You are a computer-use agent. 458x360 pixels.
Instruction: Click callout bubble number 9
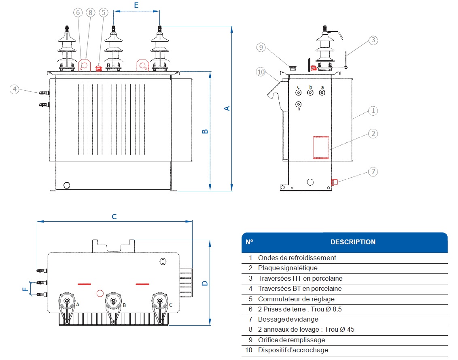click(261, 47)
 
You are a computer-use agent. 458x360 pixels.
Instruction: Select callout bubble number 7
click(373, 172)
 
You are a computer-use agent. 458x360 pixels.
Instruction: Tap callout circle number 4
click(15, 89)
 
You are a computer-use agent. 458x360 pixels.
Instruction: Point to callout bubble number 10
click(261, 72)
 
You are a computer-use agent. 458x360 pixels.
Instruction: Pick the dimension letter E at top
click(136, 5)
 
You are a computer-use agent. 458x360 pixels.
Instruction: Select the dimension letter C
click(114, 217)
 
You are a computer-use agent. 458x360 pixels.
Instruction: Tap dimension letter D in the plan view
click(205, 282)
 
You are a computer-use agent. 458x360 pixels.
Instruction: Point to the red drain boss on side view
click(334, 182)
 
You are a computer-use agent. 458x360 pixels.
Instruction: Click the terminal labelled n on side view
click(299, 104)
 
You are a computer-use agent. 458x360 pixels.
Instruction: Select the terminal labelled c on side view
click(299, 93)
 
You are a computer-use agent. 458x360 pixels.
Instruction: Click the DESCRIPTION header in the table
click(353, 242)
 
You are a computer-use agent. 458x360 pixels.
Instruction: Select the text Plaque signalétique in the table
click(288, 268)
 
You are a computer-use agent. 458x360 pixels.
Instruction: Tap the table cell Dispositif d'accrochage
click(293, 350)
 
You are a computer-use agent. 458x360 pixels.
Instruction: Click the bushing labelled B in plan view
click(113, 301)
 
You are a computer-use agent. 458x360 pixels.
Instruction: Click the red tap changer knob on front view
click(98, 68)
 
